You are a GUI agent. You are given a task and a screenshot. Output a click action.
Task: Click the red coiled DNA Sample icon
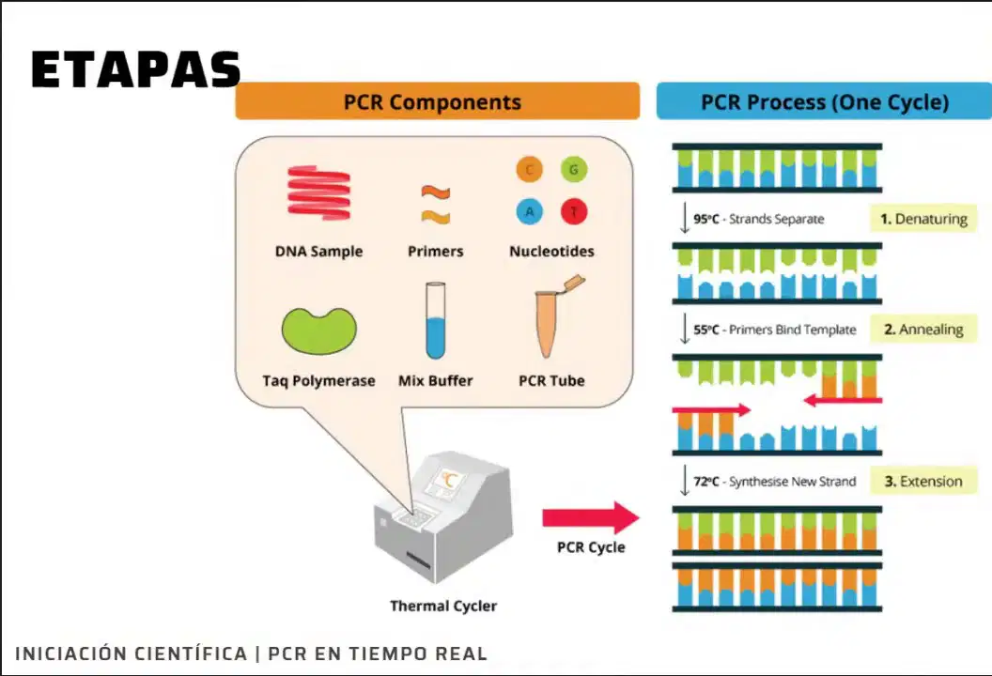318,192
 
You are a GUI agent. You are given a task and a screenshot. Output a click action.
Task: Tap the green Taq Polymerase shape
318,330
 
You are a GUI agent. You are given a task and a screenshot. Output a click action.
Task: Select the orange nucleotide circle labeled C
530,170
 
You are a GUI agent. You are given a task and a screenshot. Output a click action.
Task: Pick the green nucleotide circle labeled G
574,170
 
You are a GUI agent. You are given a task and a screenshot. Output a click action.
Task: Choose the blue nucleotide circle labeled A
530,212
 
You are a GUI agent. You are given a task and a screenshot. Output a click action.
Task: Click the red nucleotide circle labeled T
574,212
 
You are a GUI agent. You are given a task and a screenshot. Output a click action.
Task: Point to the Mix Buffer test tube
435,320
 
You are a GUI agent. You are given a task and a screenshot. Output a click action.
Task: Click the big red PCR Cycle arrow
591,518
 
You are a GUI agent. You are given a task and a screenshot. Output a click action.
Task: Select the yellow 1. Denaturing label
923,219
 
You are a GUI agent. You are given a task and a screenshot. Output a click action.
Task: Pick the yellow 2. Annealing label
923,330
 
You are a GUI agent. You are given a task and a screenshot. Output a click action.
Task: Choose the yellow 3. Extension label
923,482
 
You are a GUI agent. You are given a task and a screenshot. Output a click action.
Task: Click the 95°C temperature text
706,220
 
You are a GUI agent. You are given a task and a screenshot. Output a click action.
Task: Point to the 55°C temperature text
706,330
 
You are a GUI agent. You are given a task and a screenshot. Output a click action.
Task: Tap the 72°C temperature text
706,482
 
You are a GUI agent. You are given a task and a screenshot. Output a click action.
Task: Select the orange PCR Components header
437,101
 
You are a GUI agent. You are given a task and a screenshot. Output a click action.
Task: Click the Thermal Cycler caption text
443,606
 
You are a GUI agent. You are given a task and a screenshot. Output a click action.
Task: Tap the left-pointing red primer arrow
843,400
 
